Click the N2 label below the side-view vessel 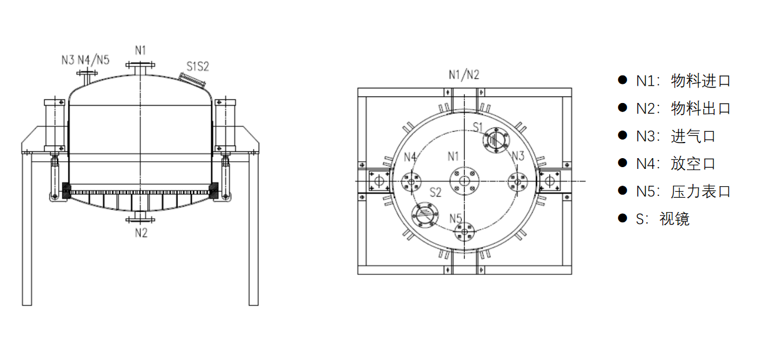pyautogui.click(x=141, y=233)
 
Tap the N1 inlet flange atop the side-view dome pyautogui.click(x=141, y=66)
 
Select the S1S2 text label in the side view pyautogui.click(x=198, y=66)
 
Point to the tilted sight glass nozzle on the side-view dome pyautogui.click(x=189, y=78)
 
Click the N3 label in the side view pyautogui.click(x=68, y=59)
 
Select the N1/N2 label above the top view pyautogui.click(x=464, y=75)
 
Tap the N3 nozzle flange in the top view pyautogui.click(x=518, y=181)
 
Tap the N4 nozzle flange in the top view pyautogui.click(x=411, y=181)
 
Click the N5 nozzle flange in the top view pyautogui.click(x=465, y=232)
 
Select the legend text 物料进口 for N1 pyautogui.click(x=701, y=81)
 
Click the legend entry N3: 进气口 pyautogui.click(x=676, y=137)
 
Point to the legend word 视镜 pyautogui.click(x=674, y=219)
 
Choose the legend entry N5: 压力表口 pyautogui.click(x=683, y=192)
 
